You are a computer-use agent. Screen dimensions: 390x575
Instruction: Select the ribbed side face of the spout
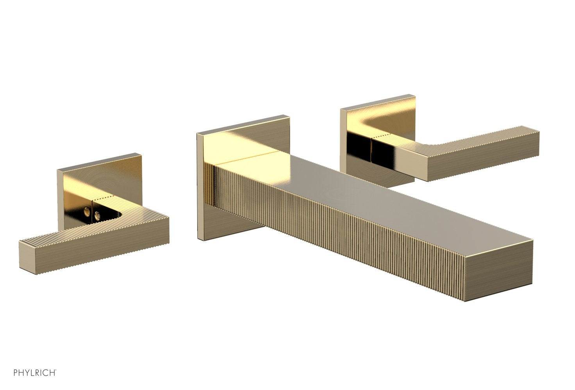332,234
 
